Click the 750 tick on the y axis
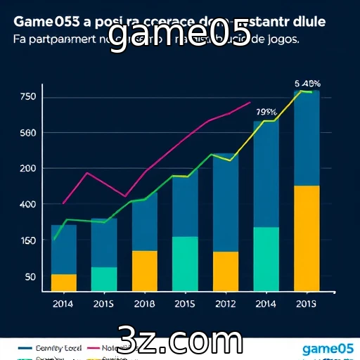27,96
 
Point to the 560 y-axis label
27,133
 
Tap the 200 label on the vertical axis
27,169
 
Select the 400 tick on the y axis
27,205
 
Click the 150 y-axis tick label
27,241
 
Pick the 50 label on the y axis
30,277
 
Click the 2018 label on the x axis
144,304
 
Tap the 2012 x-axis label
225,304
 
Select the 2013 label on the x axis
306,304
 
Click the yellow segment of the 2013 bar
307,238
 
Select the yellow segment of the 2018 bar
145,270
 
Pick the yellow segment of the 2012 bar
226,271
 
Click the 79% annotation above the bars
266,112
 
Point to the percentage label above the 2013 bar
307,82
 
